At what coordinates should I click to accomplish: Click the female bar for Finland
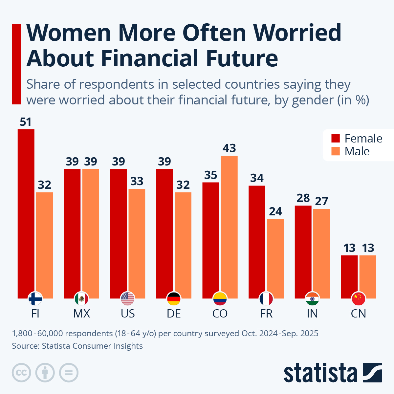[x=26, y=213]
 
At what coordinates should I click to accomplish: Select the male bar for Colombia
[x=229, y=227]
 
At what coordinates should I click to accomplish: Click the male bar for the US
[x=137, y=243]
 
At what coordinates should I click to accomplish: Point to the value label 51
[x=26, y=122]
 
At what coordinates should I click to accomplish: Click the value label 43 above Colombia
[x=229, y=148]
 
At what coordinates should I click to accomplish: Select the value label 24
[x=275, y=211]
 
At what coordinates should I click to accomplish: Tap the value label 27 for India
[x=321, y=201]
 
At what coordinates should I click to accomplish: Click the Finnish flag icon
[x=35, y=298]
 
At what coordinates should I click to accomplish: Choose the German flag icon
[x=174, y=298]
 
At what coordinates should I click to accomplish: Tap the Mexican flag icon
[x=81, y=298]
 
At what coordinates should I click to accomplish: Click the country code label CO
[x=220, y=314]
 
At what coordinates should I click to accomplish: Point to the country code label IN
[x=312, y=314]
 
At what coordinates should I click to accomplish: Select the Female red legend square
[x=336, y=138]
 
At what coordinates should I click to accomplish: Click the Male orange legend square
[x=336, y=151]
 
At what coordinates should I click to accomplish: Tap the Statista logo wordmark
[x=320, y=373]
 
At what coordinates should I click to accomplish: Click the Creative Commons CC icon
[x=21, y=373]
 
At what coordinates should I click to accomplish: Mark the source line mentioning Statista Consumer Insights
[x=77, y=346]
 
